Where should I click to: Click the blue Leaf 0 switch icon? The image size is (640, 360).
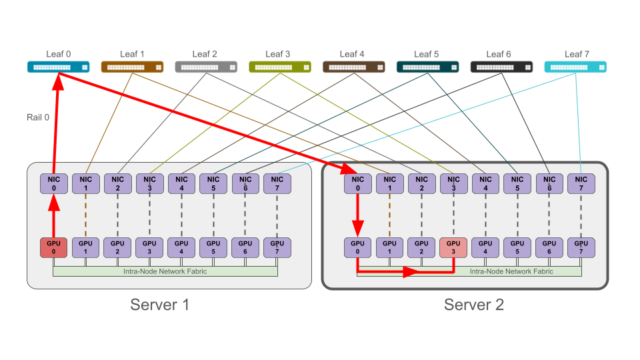[x=58, y=67]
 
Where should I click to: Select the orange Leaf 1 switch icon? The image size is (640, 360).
[x=132, y=67]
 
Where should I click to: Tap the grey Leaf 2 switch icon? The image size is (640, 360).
[x=206, y=67]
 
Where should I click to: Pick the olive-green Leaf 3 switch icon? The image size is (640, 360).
[x=280, y=67]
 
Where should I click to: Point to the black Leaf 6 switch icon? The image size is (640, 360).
[x=501, y=67]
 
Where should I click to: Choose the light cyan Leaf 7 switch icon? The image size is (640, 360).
[x=575, y=67]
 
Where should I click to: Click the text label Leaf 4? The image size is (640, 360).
[x=352, y=54]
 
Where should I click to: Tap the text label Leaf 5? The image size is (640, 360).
[x=426, y=54]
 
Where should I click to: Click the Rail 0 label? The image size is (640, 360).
[x=37, y=117]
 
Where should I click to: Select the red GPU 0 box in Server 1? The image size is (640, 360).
[x=53, y=247]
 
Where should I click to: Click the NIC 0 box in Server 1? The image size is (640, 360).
[x=53, y=183]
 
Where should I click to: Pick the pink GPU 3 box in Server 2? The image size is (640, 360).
[x=453, y=247]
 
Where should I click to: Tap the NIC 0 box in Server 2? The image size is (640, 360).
[x=357, y=183]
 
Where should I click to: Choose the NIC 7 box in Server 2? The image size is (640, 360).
[x=581, y=183]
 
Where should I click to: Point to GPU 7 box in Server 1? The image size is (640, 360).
[x=277, y=247]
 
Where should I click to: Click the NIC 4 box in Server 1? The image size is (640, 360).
[x=181, y=183]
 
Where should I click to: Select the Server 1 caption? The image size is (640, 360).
[x=160, y=305]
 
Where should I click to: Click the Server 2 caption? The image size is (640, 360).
[x=474, y=305]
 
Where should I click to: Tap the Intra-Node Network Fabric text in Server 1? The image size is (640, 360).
[x=165, y=271]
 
